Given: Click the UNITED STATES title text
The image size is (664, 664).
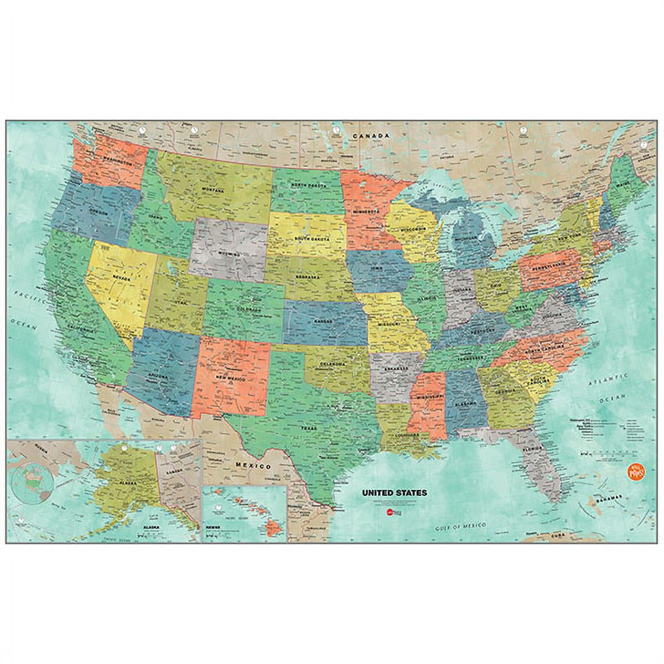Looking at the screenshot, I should click(394, 492).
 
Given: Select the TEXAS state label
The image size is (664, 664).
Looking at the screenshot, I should click(308, 428).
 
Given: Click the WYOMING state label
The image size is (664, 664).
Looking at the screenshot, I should click(230, 253).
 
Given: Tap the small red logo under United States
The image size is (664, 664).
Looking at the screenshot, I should click(390, 512).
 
